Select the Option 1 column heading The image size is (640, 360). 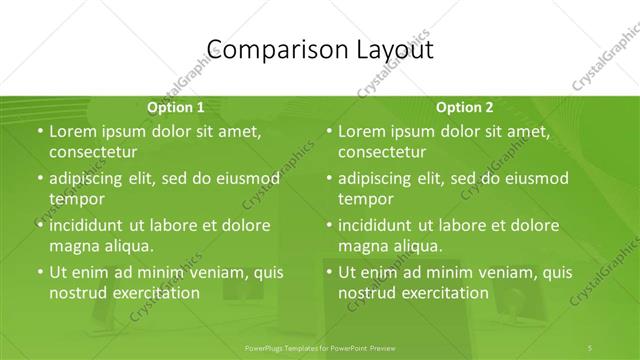point(176,106)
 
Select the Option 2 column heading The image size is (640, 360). point(465,106)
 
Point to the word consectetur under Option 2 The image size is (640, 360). point(381,153)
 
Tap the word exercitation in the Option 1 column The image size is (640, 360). point(155,294)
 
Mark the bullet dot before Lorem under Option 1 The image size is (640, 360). point(39,131)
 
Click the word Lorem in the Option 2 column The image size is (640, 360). point(362,131)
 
